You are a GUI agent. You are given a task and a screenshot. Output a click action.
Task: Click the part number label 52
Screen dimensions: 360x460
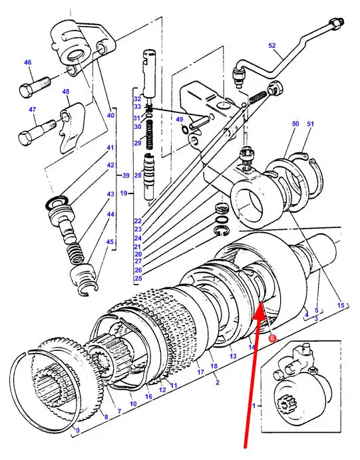coord(272,45)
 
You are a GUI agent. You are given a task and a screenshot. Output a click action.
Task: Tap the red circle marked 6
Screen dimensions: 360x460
coord(272,338)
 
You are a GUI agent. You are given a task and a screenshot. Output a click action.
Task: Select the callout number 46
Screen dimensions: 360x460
coord(27,62)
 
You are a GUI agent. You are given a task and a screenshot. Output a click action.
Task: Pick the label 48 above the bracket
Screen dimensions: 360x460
coord(66,92)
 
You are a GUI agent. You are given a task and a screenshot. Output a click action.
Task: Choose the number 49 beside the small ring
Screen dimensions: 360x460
coord(179,120)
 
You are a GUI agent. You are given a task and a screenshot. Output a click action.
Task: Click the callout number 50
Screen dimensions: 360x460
coord(295,124)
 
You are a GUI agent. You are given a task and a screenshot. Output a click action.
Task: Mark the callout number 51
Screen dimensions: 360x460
coord(310,124)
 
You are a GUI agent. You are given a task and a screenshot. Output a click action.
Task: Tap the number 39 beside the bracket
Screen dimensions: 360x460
coord(126,175)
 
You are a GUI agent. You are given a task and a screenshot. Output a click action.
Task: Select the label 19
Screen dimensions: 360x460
coord(124,193)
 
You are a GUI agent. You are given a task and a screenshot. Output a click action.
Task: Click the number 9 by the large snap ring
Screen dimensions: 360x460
coord(78,430)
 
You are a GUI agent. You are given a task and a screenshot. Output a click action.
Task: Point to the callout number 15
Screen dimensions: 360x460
coord(341,305)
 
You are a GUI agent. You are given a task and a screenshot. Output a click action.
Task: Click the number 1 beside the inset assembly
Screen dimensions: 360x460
coord(254,405)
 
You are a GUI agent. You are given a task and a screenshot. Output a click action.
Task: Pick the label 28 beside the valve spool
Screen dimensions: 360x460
coord(138,175)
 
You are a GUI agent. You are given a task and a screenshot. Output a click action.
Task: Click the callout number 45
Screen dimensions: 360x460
coord(110,242)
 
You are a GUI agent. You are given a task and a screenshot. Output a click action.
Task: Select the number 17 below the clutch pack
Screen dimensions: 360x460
coord(200,372)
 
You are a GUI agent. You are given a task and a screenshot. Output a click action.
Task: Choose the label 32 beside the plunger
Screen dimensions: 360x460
coord(138,98)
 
